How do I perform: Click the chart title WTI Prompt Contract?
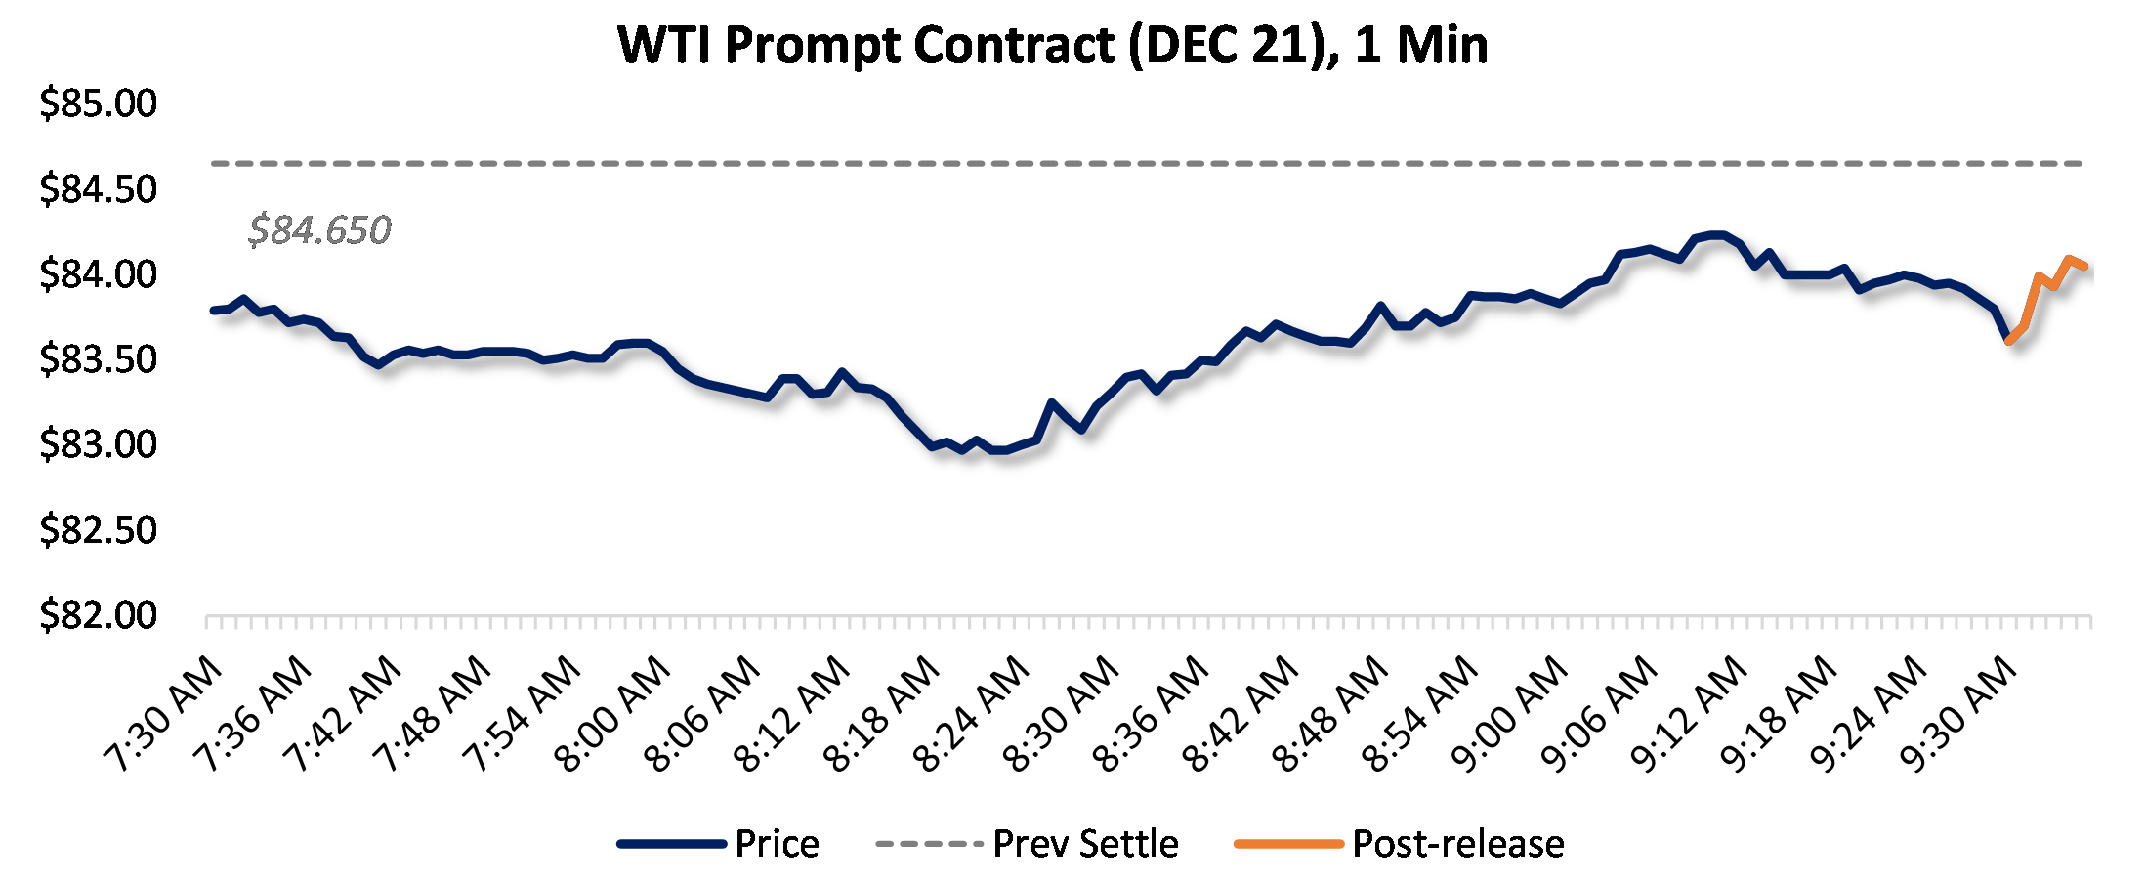[x=1053, y=45]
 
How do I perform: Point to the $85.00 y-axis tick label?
[x=98, y=104]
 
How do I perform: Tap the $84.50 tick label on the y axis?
[x=98, y=188]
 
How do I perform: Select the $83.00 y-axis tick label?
[x=98, y=444]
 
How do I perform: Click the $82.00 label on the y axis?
[x=98, y=615]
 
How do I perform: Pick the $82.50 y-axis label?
[x=98, y=530]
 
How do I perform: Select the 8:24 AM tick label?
[x=973, y=715]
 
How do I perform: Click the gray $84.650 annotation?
[x=319, y=230]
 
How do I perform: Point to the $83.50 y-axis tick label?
[x=98, y=359]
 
